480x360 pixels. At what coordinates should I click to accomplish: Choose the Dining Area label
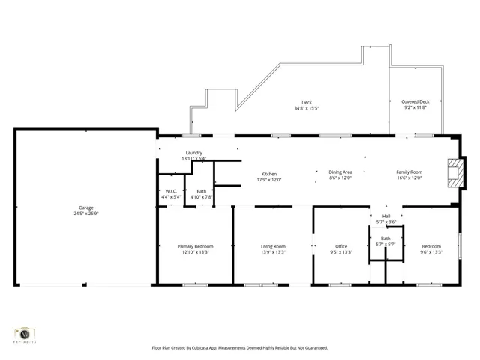(340, 172)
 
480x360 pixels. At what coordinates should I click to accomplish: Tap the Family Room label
(409, 172)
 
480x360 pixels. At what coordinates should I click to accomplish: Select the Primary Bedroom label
(195, 246)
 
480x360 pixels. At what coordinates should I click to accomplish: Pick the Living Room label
(273, 246)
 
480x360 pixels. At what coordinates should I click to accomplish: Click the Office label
(341, 246)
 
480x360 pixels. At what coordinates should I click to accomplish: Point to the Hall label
(386, 216)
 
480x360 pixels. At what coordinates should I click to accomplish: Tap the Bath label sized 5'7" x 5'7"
(385, 238)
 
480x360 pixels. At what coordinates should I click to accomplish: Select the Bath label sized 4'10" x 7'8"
(201, 191)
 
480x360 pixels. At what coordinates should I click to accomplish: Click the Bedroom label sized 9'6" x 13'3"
(431, 246)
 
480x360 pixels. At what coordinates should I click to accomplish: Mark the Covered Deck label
(415, 101)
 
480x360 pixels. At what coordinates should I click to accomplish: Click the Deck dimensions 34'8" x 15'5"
(306, 108)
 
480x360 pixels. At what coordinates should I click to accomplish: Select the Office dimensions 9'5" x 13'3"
(341, 252)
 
